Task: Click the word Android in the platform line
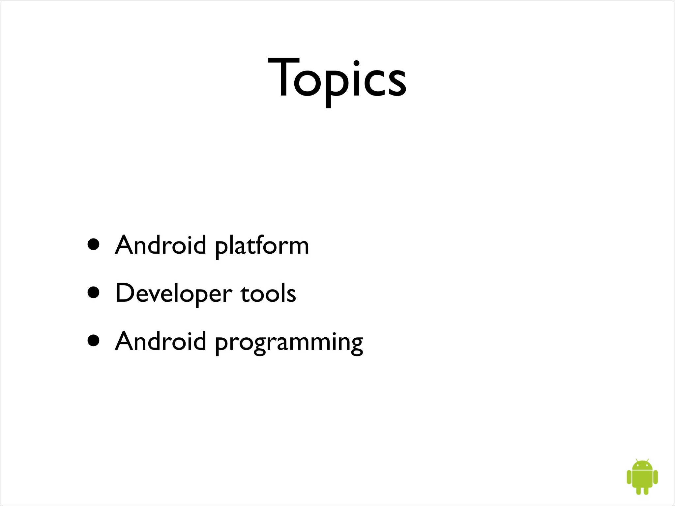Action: (x=161, y=245)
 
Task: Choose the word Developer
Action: (x=173, y=293)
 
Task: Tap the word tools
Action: (x=268, y=293)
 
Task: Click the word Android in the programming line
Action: (x=161, y=341)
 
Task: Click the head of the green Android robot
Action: (x=642, y=465)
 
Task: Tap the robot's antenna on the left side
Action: (x=637, y=459)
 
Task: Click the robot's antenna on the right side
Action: (x=648, y=459)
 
